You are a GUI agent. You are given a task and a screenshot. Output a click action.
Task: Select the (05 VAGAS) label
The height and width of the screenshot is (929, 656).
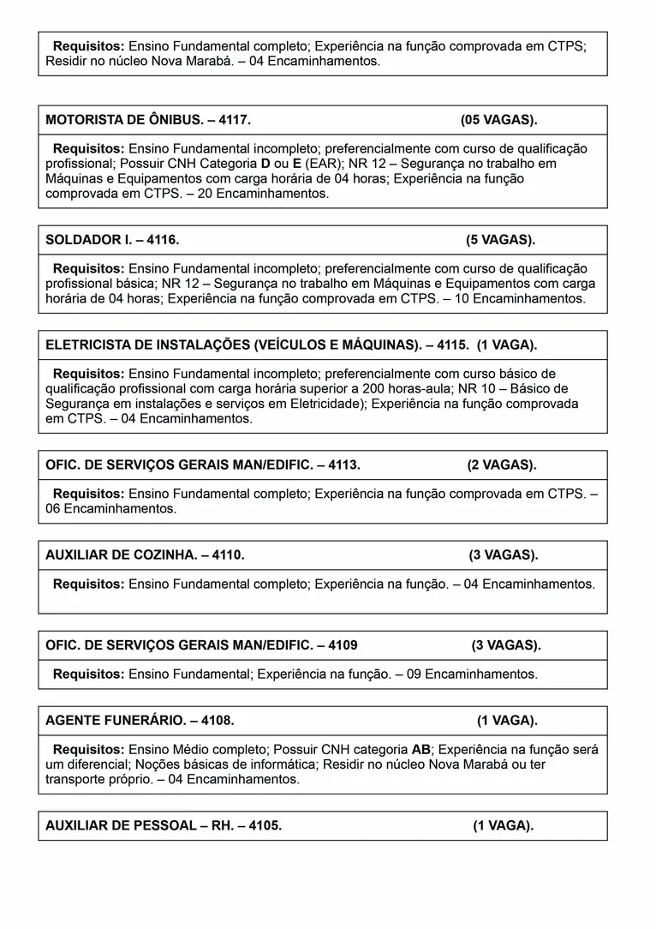click(498, 120)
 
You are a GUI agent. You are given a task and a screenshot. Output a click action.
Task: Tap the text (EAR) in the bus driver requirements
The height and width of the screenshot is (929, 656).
click(320, 163)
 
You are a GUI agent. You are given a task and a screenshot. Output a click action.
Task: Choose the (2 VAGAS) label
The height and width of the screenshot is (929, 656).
click(501, 465)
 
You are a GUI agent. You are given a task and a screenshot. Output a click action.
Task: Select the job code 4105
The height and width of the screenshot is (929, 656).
click(264, 826)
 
